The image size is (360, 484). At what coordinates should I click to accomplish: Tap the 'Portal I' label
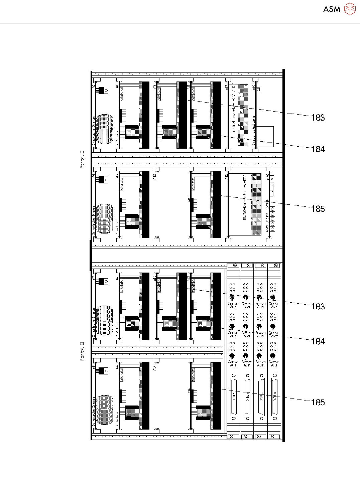82,160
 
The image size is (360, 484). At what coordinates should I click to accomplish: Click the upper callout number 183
318,118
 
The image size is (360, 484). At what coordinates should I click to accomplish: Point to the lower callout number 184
318,341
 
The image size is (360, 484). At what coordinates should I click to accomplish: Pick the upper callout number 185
318,209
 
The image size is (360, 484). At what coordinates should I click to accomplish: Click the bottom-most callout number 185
318,402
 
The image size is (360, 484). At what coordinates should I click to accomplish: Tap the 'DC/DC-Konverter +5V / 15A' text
234,108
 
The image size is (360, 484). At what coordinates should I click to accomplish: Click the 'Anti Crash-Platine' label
267,216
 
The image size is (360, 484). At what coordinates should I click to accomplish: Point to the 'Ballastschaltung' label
254,131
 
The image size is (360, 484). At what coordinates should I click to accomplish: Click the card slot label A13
155,176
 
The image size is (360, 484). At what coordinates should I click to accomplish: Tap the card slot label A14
155,368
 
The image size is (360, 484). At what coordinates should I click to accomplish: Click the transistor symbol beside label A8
102,371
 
